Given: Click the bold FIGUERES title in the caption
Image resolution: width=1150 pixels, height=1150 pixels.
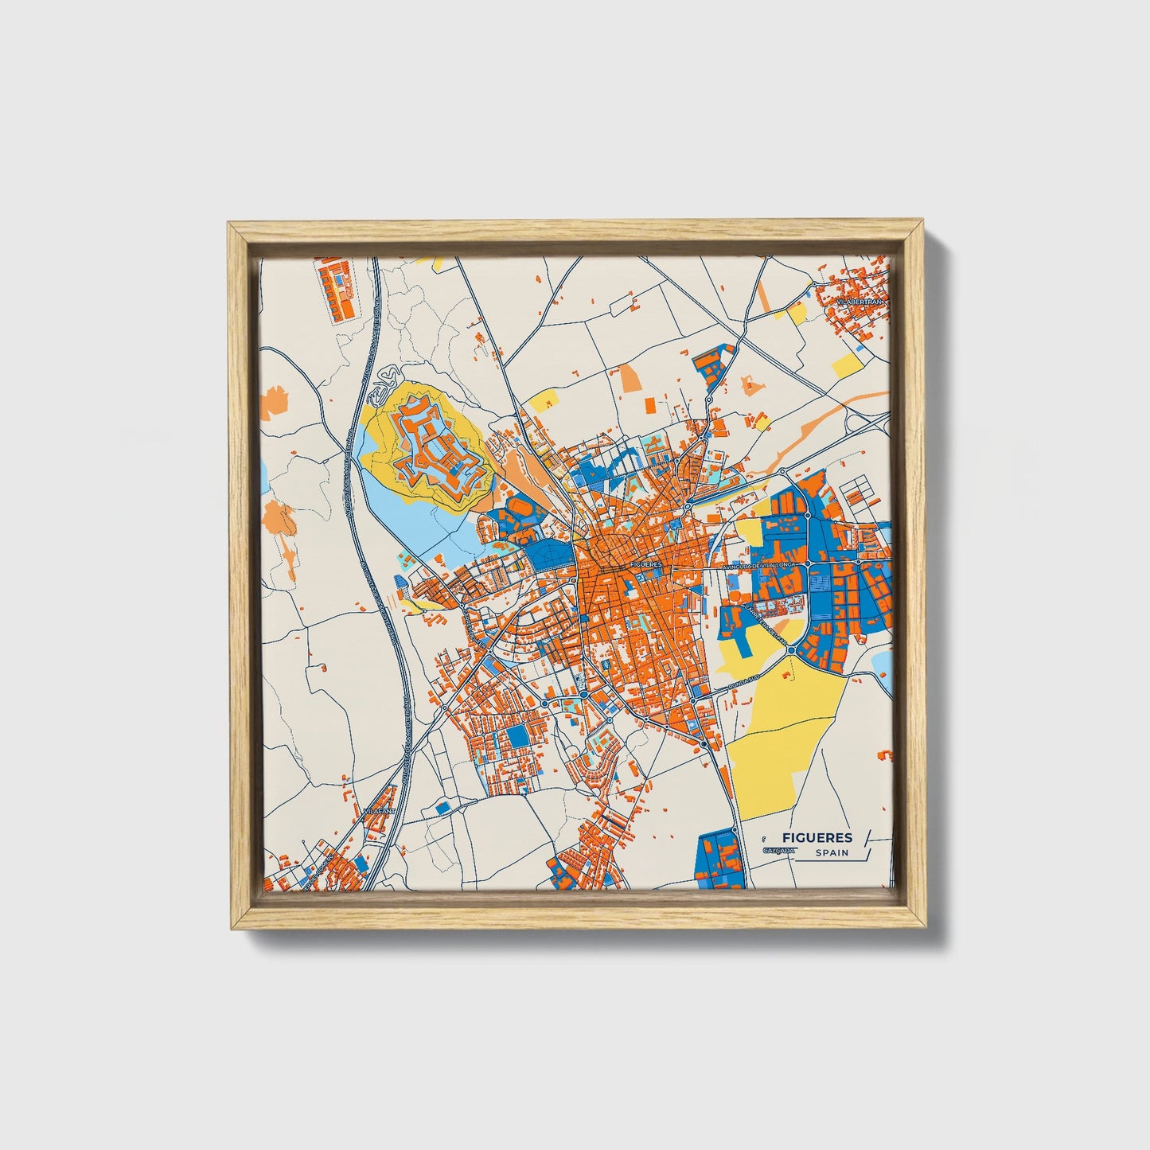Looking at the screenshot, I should coord(817,837).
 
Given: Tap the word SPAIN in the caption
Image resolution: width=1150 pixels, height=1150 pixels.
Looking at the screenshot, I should coord(832,853).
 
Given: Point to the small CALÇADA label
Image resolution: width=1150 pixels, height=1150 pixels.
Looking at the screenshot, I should coord(778,851).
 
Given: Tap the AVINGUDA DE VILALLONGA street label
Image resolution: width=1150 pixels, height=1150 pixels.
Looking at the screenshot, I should coord(759,565).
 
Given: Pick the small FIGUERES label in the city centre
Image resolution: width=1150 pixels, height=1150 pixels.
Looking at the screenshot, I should coord(645,563).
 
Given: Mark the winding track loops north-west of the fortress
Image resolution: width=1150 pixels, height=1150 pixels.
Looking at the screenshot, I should coord(391,372).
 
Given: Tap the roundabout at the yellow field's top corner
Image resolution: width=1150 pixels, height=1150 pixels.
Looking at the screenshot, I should coord(792,650).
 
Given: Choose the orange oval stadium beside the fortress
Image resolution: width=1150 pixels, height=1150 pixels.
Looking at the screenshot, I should coord(518,506).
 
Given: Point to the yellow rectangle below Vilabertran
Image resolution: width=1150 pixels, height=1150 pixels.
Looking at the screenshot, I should coord(847,367).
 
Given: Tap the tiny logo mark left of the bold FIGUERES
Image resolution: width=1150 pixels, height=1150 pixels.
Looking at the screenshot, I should coord(764,837).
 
